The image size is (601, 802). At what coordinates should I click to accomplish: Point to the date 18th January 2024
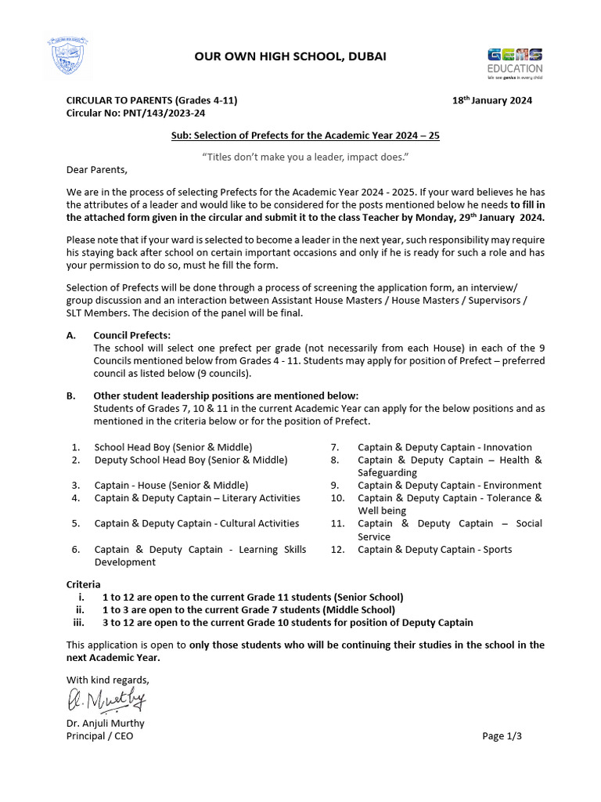[492, 100]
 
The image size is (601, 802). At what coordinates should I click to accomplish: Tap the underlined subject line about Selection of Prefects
[305, 135]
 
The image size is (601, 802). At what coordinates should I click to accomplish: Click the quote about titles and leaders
[305, 157]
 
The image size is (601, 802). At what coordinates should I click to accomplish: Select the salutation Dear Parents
[96, 170]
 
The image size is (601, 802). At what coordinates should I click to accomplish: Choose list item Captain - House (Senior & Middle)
[171, 486]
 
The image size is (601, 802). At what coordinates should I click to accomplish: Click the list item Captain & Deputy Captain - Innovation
[444, 447]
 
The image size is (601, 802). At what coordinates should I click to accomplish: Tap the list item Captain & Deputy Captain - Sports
[434, 550]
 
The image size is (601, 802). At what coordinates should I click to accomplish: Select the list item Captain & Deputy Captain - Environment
[449, 486]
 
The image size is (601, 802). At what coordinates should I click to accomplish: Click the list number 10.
[337, 498]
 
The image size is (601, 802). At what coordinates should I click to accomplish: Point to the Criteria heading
[83, 584]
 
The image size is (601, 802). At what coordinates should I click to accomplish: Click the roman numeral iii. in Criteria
[78, 623]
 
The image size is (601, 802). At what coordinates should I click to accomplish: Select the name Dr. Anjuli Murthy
[105, 724]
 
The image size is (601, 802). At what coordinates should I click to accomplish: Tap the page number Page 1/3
[502, 736]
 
